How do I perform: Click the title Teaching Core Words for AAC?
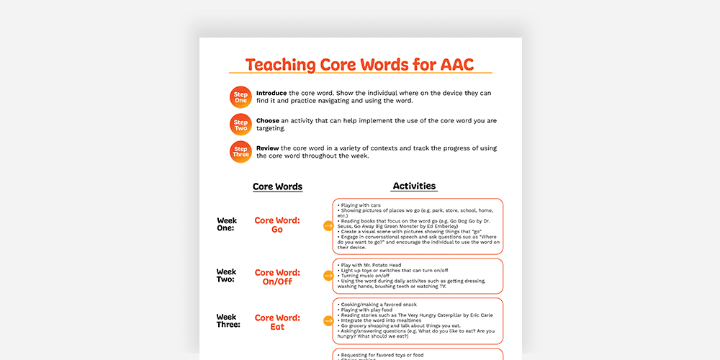click(360, 65)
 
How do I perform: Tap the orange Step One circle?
click(240, 97)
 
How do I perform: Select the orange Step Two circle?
click(240, 125)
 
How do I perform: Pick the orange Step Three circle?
click(240, 151)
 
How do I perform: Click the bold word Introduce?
click(271, 93)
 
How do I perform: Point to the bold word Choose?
click(268, 120)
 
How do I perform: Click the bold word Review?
click(268, 148)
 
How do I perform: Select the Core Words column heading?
click(277, 186)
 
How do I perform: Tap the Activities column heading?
click(414, 186)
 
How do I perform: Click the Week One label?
click(227, 224)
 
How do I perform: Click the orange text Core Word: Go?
click(277, 225)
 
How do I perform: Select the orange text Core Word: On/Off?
click(277, 277)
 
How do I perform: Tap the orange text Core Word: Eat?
click(277, 322)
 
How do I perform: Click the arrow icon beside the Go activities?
click(328, 226)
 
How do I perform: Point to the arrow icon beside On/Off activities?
click(328, 276)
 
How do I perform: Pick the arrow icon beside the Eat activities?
click(328, 321)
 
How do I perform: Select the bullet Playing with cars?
click(360, 205)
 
